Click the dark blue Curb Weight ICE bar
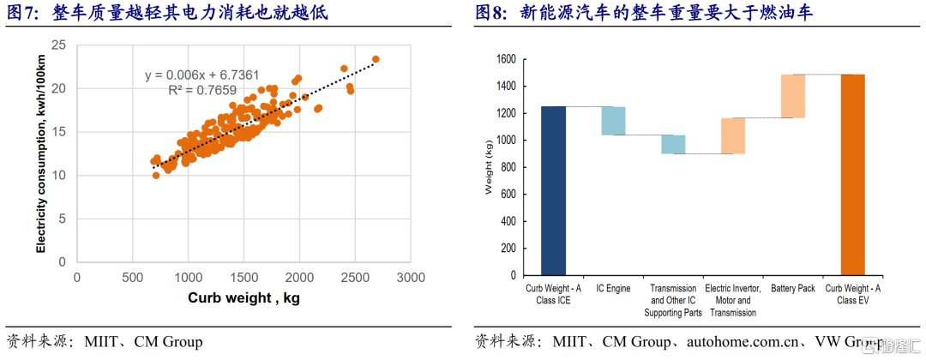(x=554, y=190)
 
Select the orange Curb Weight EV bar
(x=853, y=175)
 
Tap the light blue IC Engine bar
(x=613, y=121)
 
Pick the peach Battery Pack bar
(x=793, y=96)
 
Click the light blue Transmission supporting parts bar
(x=673, y=144)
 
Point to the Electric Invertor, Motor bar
(x=733, y=135)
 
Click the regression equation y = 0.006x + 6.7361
(x=201, y=75)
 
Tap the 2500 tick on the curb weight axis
(x=355, y=278)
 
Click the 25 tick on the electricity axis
(x=60, y=45)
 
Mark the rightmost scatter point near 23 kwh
(x=376, y=59)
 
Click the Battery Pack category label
(x=793, y=289)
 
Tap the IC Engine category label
(x=613, y=289)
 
